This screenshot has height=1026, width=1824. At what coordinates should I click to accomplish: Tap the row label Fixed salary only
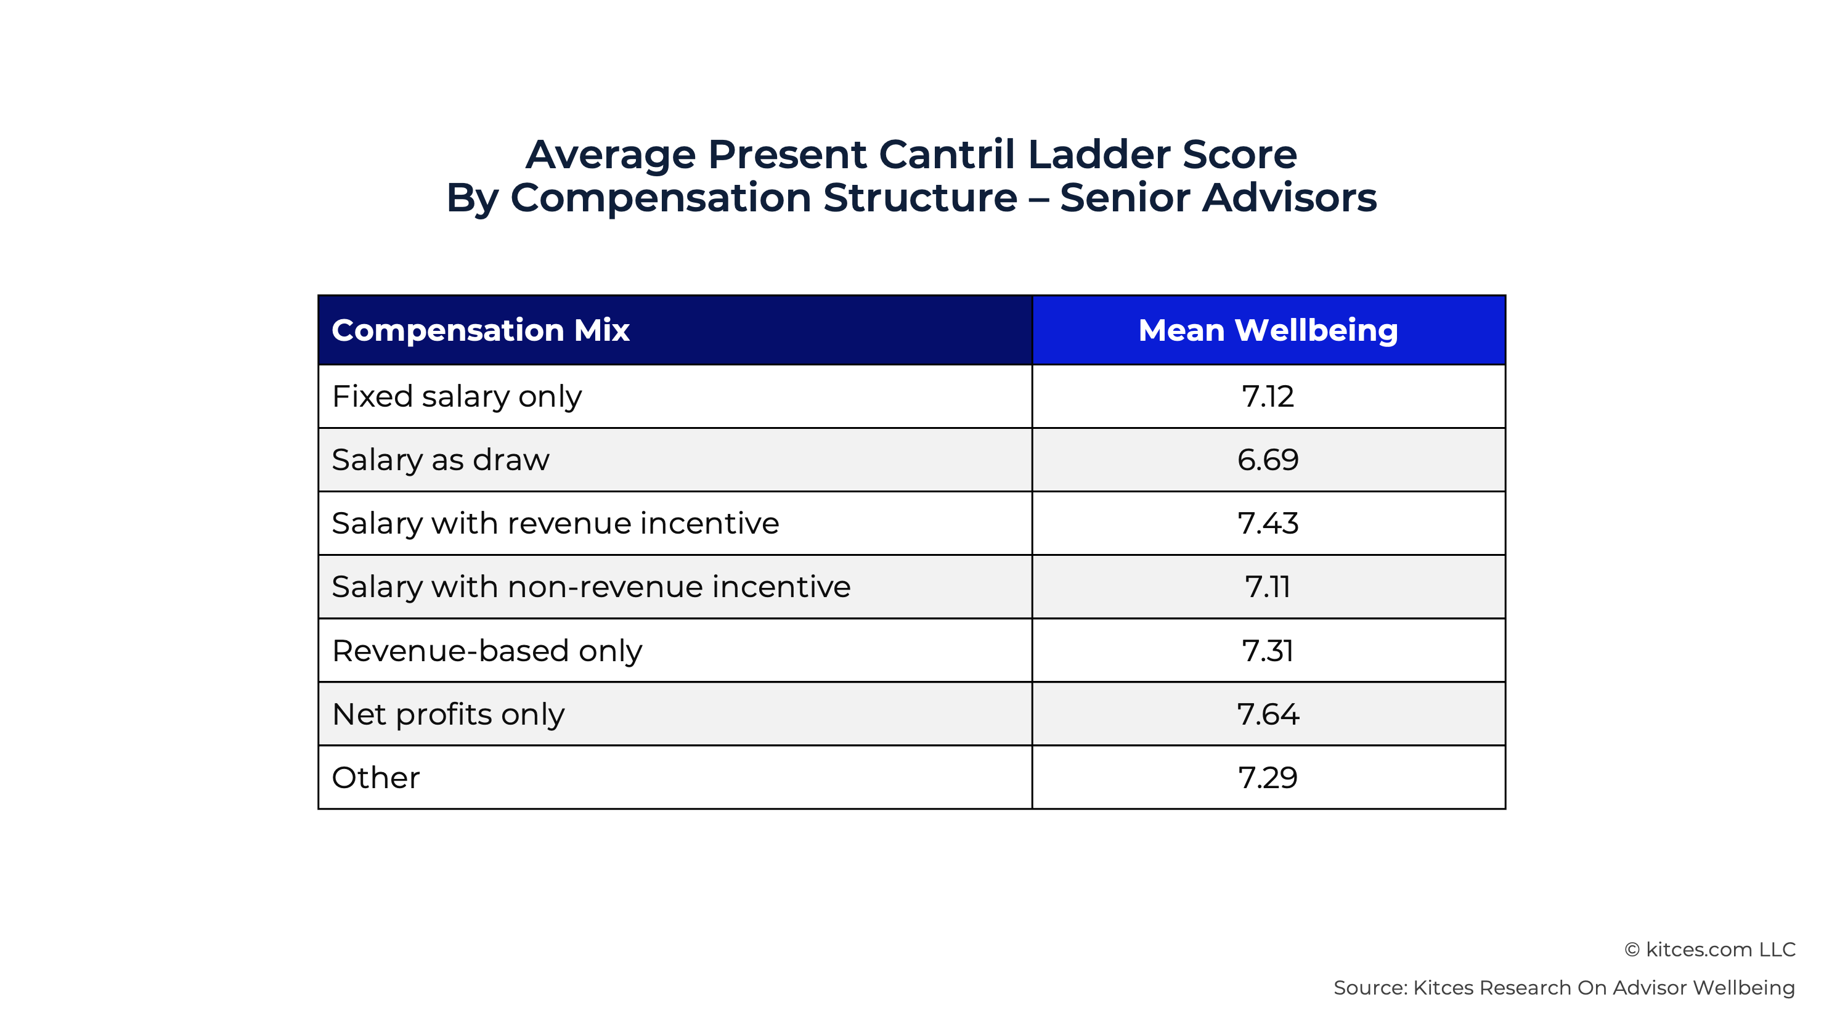click(457, 396)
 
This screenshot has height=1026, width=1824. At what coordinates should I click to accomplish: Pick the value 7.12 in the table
click(1268, 396)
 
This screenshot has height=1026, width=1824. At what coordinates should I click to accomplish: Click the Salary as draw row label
click(440, 460)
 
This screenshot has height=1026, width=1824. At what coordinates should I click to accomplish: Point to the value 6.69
click(1268, 460)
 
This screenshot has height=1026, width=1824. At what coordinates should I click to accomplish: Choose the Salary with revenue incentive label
click(555, 524)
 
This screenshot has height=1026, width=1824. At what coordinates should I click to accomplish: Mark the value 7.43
click(1268, 524)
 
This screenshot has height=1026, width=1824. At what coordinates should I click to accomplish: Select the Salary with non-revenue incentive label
click(590, 587)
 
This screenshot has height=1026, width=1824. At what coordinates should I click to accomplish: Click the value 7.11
click(1268, 587)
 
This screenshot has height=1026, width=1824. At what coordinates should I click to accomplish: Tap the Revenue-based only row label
click(486, 651)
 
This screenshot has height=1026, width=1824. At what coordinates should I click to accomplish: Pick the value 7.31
click(1268, 651)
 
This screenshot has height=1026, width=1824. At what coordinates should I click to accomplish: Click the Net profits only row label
click(447, 714)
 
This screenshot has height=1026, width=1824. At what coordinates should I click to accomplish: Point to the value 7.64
click(1268, 714)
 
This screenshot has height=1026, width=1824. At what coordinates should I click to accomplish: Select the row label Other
click(375, 778)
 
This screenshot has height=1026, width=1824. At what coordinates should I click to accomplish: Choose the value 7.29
click(1268, 778)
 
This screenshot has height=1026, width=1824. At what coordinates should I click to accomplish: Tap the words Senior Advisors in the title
click(1218, 198)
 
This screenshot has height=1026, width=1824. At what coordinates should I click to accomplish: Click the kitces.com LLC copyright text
click(1709, 950)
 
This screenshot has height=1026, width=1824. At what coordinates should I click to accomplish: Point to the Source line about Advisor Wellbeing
click(1563, 988)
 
